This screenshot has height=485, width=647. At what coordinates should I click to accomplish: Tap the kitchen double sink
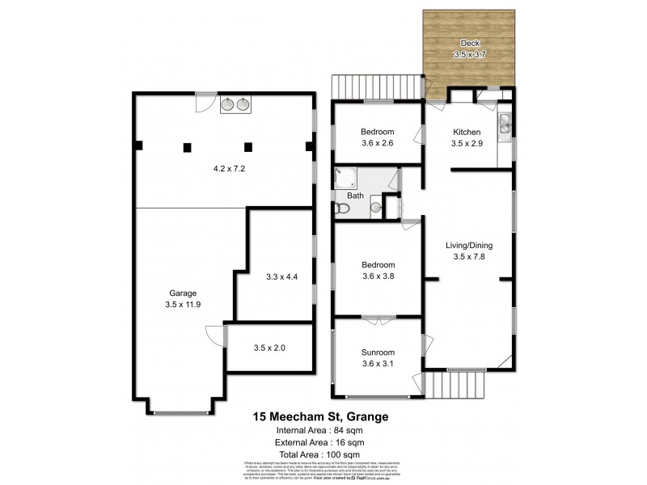tap(504, 123)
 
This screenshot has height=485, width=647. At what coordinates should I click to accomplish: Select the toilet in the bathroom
tap(343, 209)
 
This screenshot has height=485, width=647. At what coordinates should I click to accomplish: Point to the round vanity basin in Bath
tap(376, 208)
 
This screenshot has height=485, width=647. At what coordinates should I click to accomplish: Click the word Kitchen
tap(467, 132)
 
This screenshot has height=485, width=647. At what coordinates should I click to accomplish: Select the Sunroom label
tap(378, 352)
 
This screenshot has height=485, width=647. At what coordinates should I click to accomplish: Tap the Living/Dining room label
tap(468, 246)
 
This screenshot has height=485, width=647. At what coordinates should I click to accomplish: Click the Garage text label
tap(183, 293)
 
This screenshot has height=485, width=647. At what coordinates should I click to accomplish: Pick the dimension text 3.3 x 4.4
tap(281, 276)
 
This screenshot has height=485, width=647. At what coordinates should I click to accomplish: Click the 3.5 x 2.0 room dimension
tap(269, 348)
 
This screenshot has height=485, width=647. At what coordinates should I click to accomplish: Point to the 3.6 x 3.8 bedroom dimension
tap(378, 276)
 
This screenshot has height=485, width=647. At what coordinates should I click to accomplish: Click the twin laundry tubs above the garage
tap(235, 103)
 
